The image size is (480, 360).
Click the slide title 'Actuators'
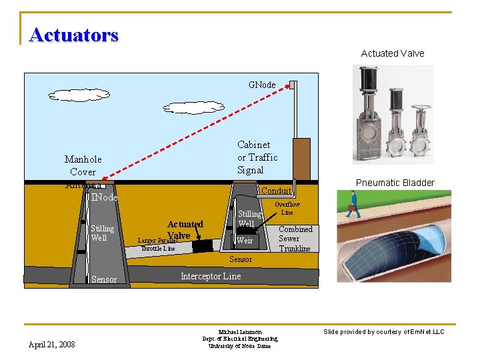[74, 34]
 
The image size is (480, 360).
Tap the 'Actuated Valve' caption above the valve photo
[393, 53]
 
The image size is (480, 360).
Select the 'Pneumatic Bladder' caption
[395, 183]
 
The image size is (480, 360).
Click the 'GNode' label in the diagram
[262, 85]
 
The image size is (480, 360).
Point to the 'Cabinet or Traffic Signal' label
[257, 157]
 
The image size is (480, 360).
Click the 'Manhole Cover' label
[83, 165]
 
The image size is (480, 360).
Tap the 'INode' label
[105, 197]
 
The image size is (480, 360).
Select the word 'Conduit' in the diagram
[275, 191]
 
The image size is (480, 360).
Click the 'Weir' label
[245, 240]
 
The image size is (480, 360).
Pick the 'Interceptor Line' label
[211, 276]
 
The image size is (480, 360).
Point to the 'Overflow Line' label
[287, 208]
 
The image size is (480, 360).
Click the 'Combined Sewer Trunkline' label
[295, 239]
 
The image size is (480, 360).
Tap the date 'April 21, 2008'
[52, 344]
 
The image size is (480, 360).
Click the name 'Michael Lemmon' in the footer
[240, 331]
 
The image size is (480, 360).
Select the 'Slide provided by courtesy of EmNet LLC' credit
[383, 331]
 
